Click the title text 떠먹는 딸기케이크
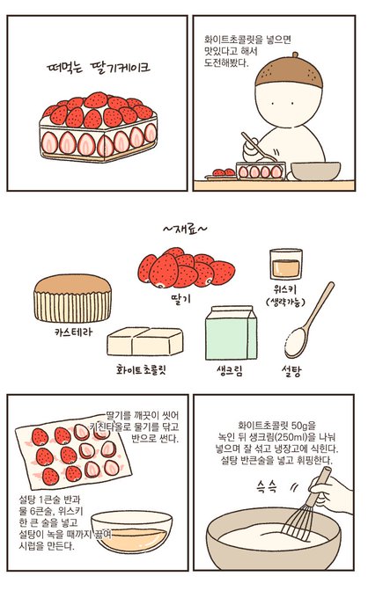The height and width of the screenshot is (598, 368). (98, 68)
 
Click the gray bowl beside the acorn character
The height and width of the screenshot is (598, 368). (315, 171)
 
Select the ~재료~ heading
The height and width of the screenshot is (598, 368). (185, 229)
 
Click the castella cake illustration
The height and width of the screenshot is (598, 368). (72, 298)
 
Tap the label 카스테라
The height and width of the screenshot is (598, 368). (73, 332)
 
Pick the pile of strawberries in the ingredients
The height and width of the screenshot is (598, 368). (186, 267)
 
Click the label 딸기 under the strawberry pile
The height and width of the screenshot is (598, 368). (180, 299)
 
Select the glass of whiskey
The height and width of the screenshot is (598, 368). (285, 264)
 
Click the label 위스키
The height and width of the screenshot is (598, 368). (284, 290)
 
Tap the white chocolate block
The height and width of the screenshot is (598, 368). (145, 341)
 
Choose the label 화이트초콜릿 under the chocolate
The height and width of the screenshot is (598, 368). (141, 370)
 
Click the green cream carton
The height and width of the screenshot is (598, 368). (231, 332)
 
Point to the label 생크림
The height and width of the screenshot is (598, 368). (230, 370)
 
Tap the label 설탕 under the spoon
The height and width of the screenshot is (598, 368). (291, 370)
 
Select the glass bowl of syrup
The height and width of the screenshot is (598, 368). (131, 531)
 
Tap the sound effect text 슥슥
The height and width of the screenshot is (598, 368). (266, 487)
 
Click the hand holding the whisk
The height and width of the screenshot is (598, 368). (333, 492)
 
